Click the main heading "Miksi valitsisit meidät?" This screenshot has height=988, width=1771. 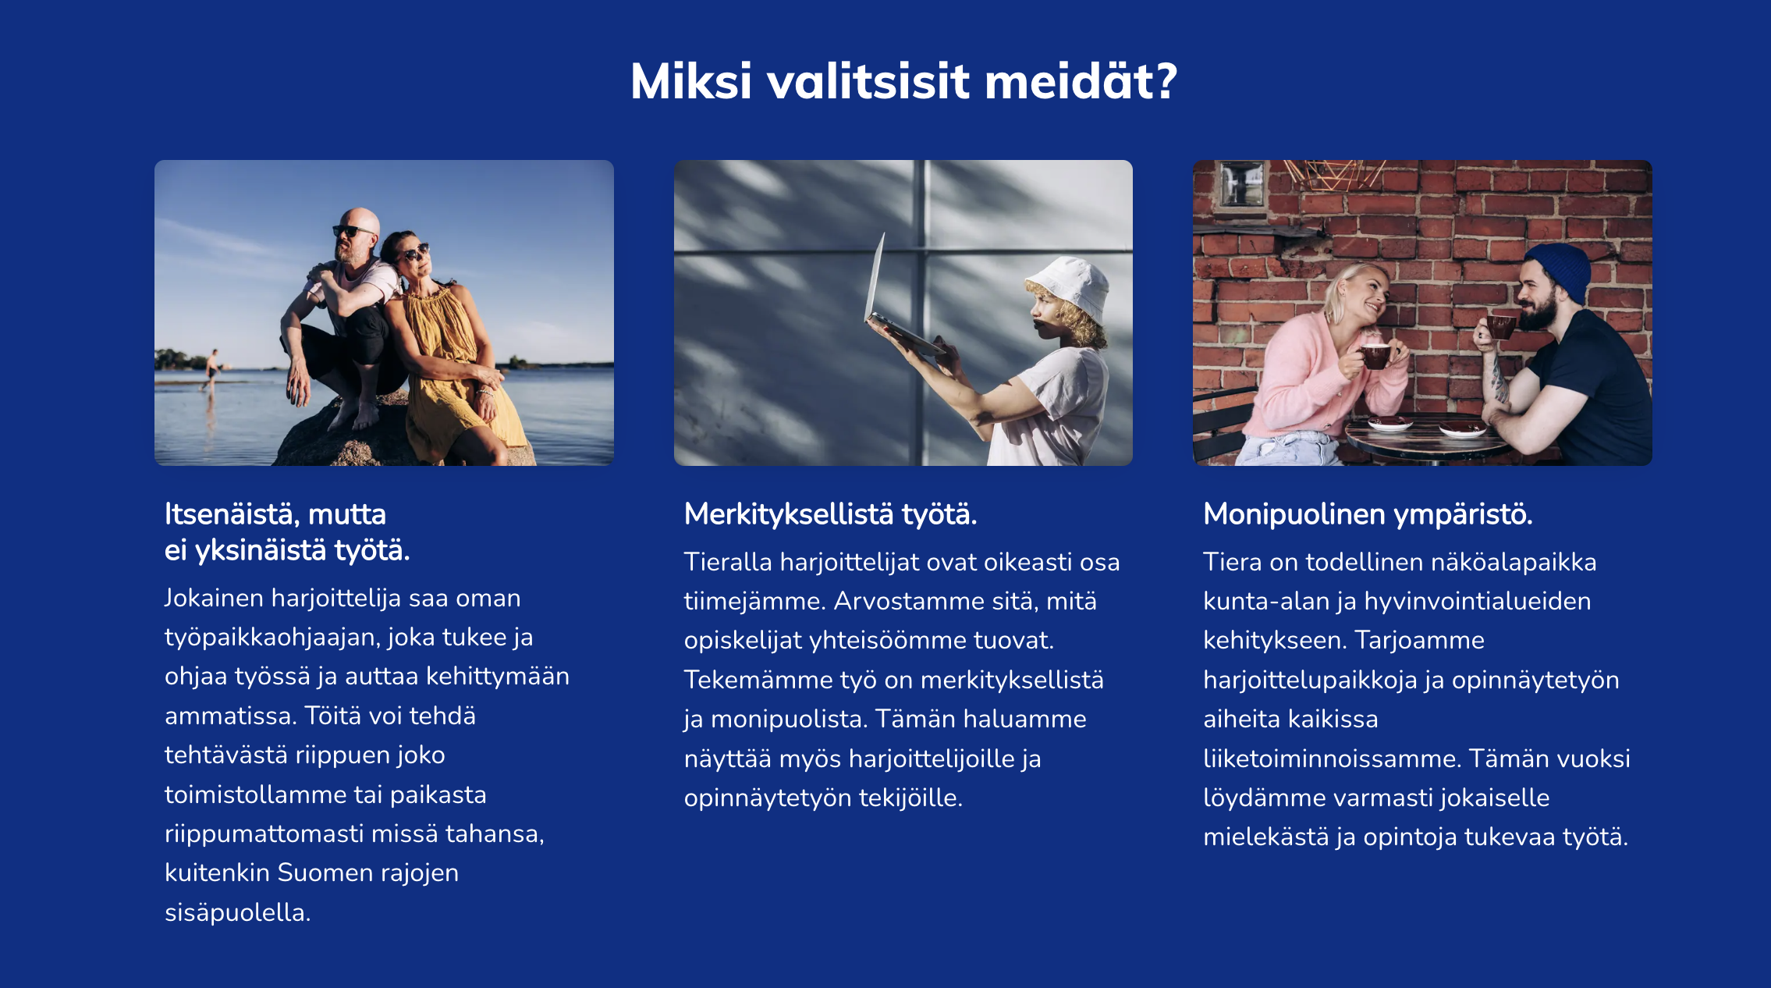[x=903, y=81]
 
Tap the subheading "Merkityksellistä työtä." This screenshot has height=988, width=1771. [x=830, y=514]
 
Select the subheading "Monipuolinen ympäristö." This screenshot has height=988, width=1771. [x=1368, y=514]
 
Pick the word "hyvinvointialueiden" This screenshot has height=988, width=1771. [x=1478, y=601]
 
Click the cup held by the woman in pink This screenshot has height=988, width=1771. [x=1375, y=356]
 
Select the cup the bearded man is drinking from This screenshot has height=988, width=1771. [x=1499, y=325]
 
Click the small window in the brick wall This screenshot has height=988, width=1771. [x=1241, y=184]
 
